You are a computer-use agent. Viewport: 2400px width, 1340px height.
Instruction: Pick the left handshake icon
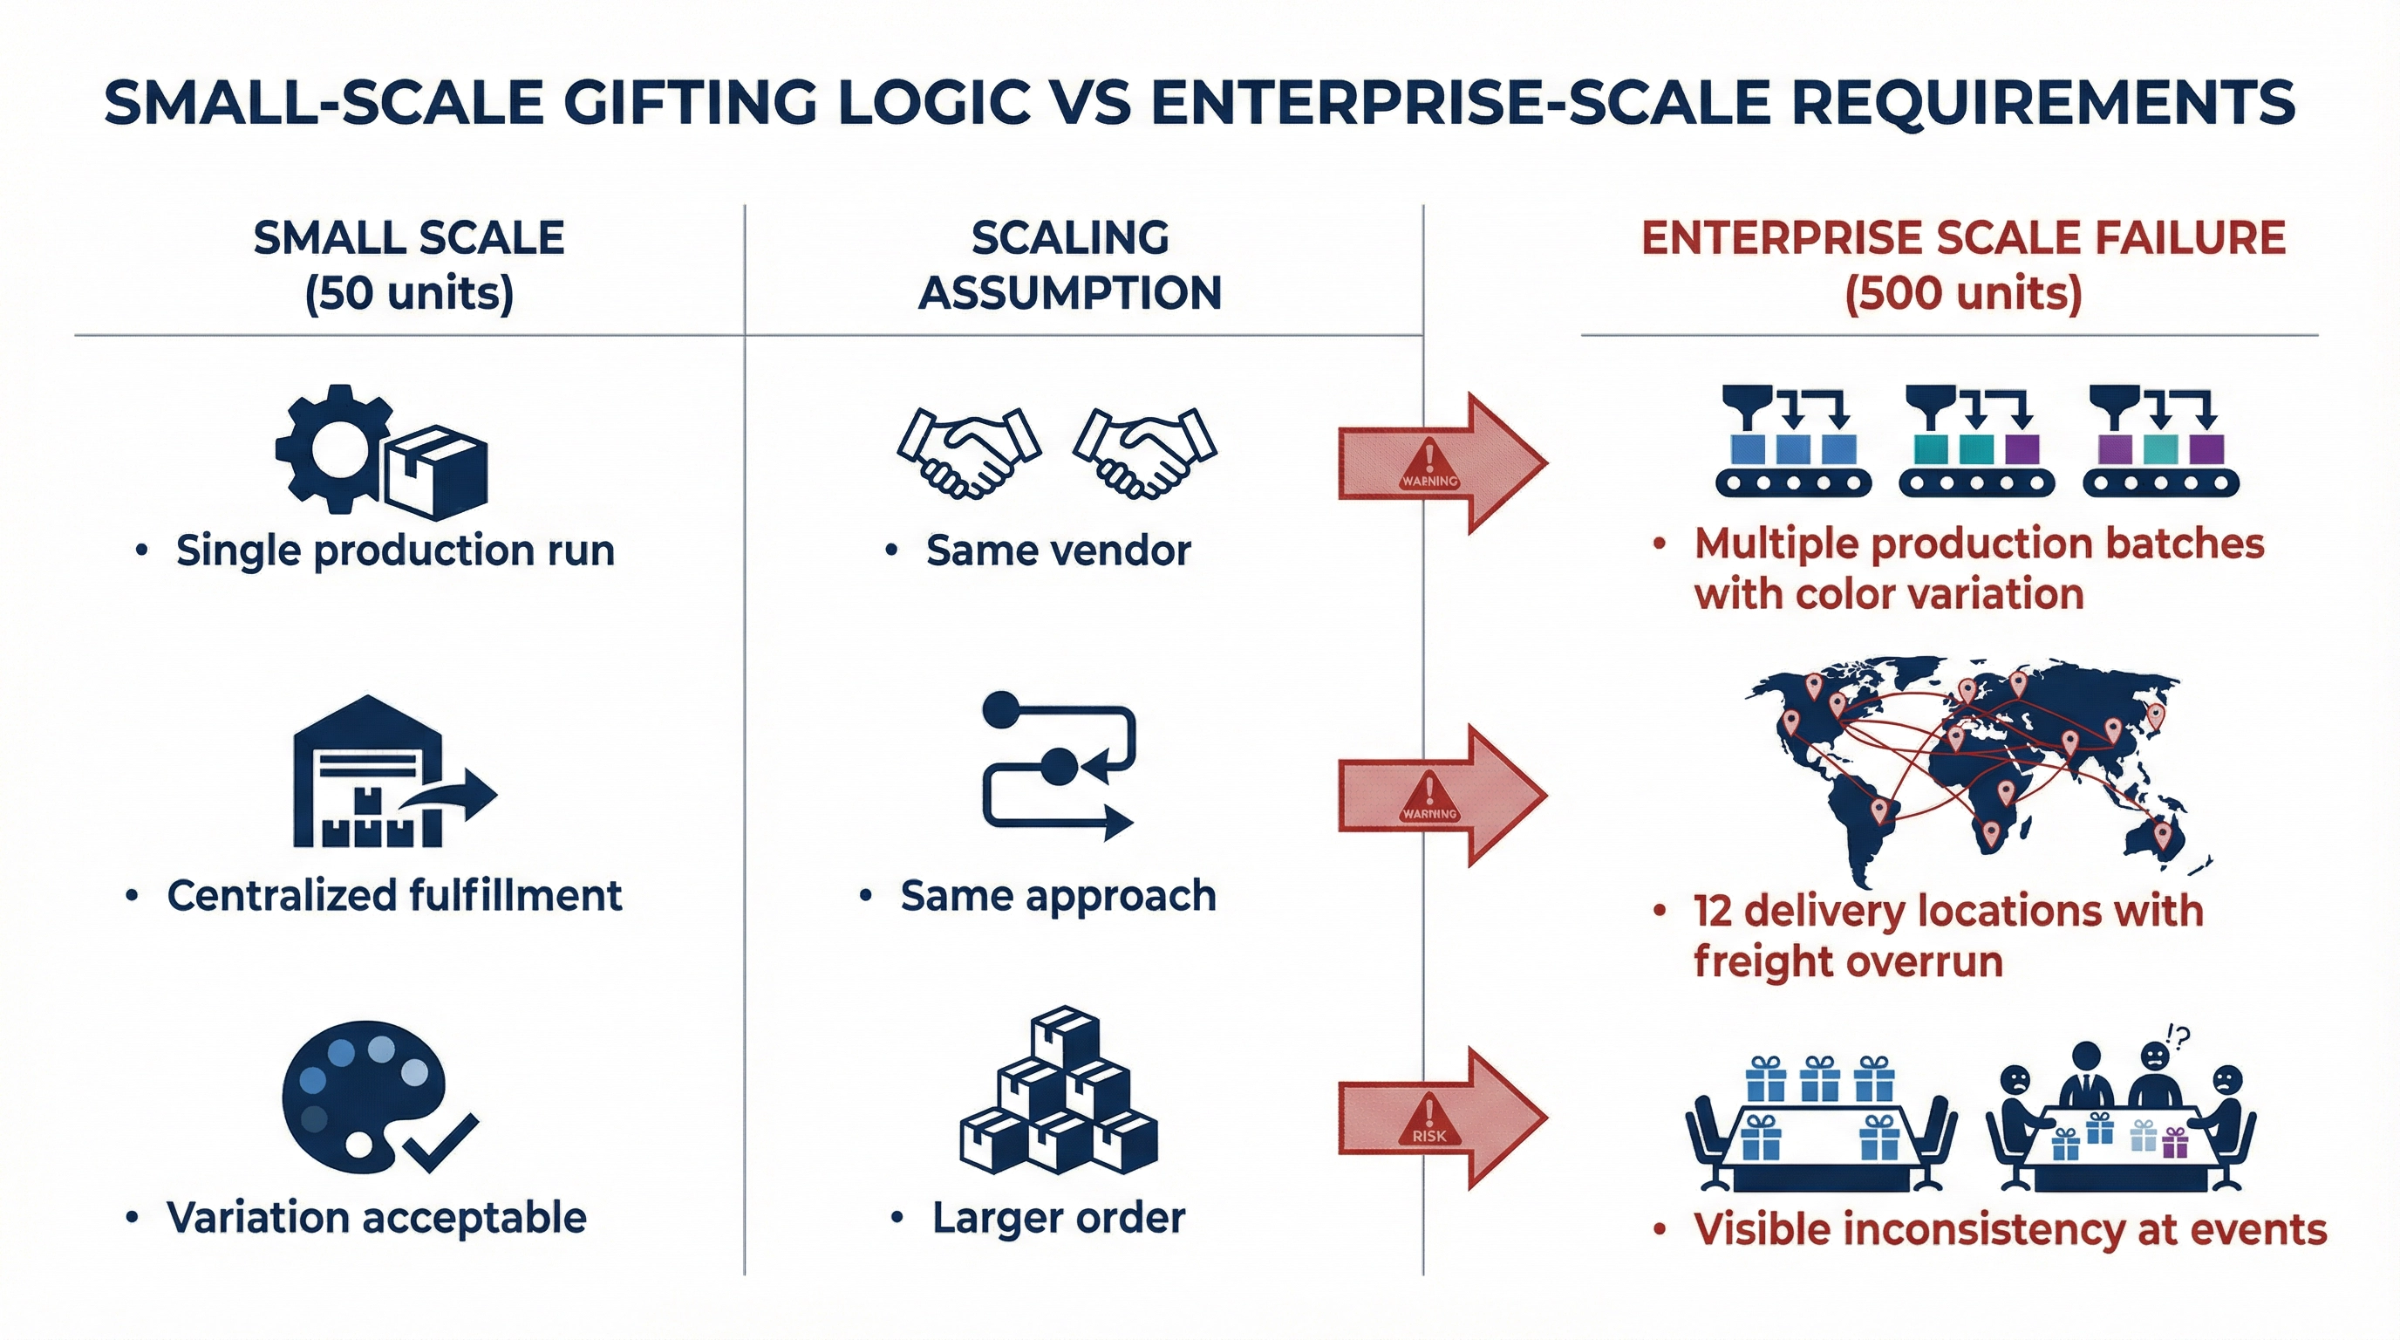(x=969, y=451)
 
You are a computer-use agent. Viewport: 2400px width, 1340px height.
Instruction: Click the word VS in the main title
(x=1089, y=102)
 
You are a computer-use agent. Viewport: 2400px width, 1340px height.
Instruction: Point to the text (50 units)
(x=409, y=293)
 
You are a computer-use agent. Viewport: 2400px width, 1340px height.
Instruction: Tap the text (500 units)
(x=1963, y=293)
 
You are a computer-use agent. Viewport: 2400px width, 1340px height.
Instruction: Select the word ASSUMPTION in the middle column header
(x=1069, y=293)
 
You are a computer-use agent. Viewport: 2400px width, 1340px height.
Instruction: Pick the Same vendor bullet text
(x=1058, y=550)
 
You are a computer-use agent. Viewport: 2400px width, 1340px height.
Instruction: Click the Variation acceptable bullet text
(x=377, y=1218)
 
